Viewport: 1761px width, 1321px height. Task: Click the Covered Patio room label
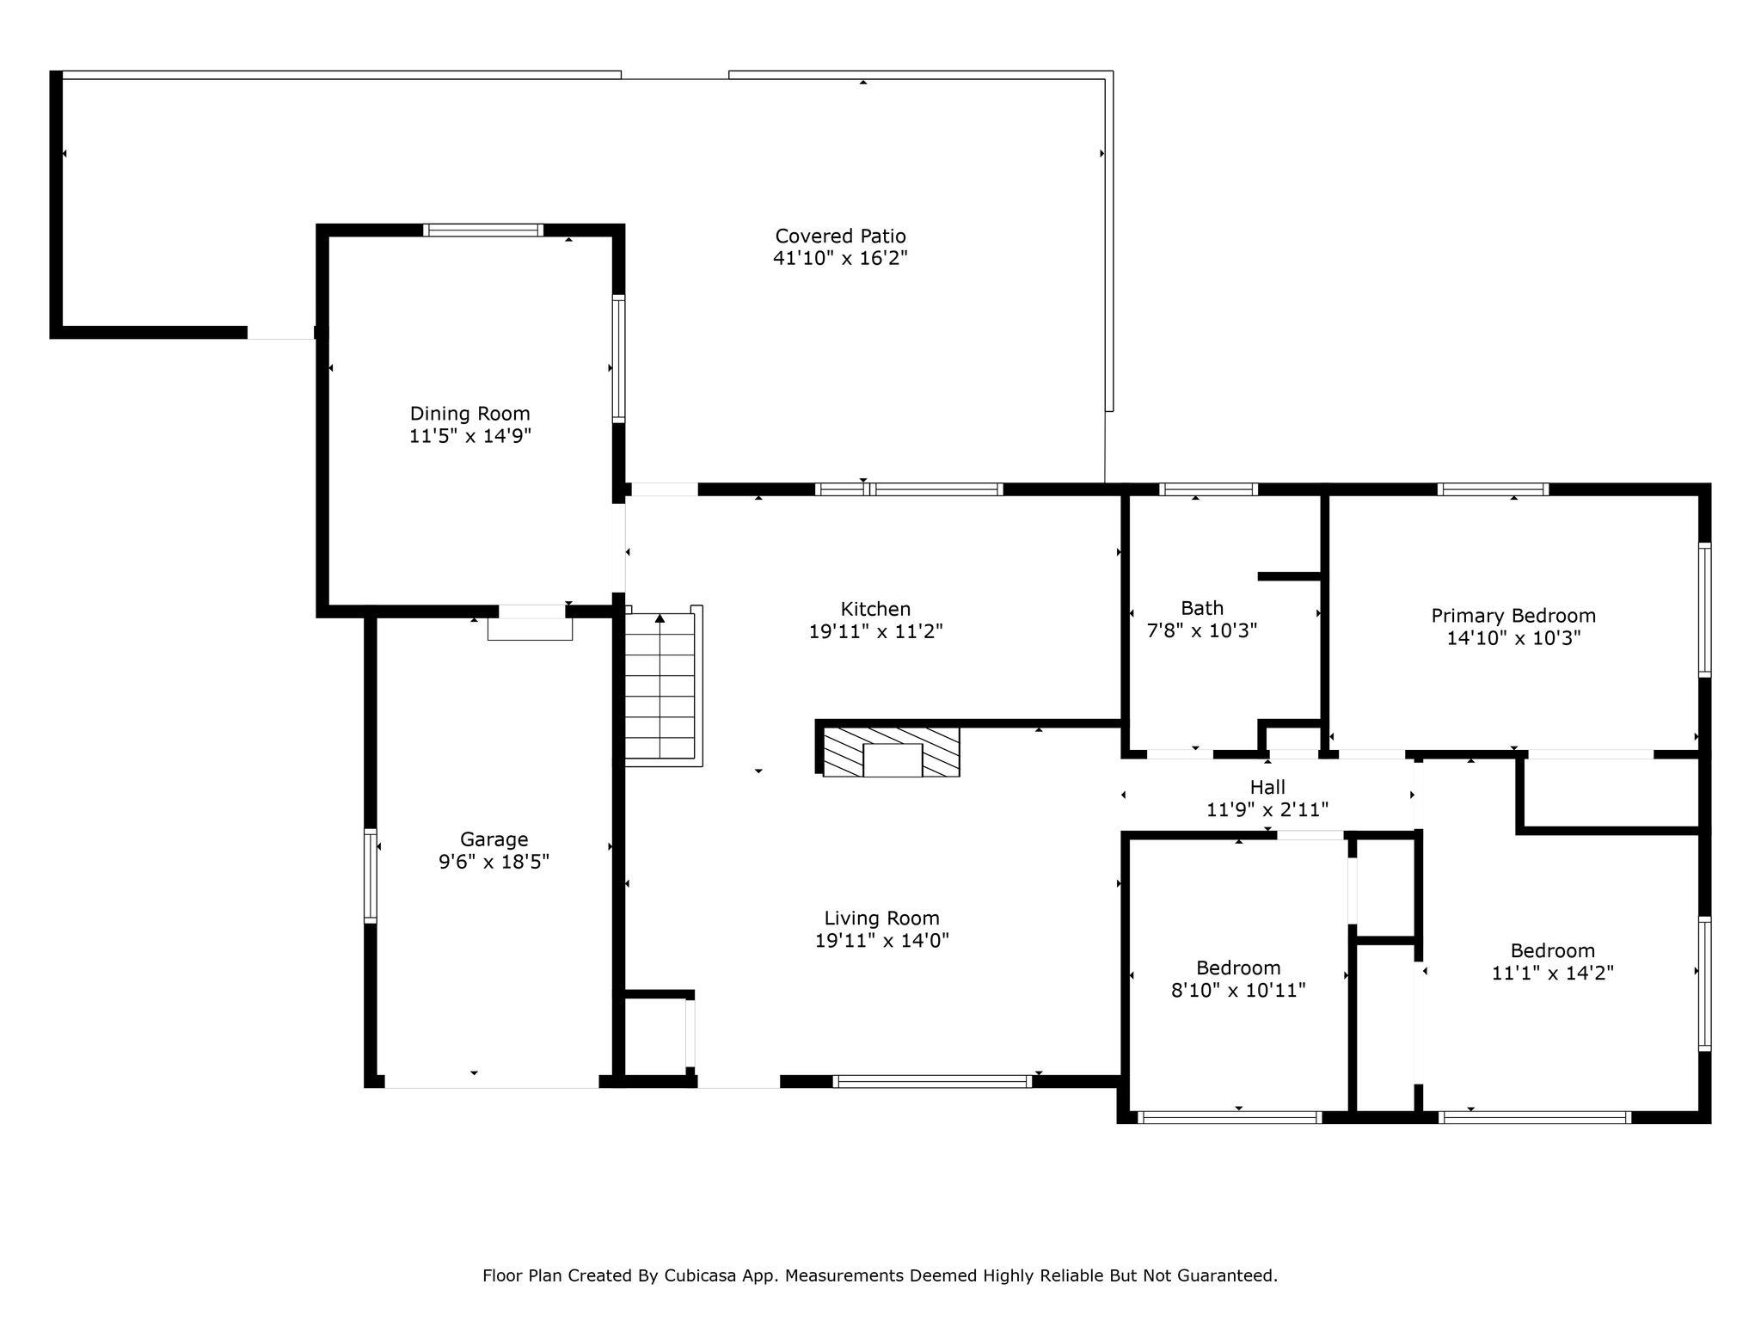tap(840, 236)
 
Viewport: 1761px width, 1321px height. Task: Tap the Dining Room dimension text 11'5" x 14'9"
tap(469, 436)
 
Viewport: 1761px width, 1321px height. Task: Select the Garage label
tap(494, 839)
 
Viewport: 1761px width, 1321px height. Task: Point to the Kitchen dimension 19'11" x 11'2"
tap(875, 631)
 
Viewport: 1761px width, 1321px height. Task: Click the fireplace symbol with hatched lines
tap(891, 752)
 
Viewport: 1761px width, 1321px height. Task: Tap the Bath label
tap(1202, 608)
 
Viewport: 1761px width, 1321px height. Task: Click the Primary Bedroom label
tap(1513, 616)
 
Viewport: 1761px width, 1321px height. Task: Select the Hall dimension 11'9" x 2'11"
tap(1267, 809)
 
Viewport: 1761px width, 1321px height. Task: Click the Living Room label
tap(881, 919)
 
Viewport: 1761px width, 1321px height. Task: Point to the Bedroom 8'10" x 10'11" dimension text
tap(1238, 990)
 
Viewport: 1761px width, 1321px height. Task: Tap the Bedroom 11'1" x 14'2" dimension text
tap(1552, 973)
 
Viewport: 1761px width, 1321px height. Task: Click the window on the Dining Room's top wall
tap(483, 230)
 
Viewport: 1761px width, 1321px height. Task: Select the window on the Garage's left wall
tap(371, 876)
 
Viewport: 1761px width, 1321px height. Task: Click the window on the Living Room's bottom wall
tap(932, 1081)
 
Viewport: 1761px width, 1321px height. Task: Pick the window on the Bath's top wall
tap(1208, 489)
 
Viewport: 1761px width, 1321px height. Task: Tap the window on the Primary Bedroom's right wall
tap(1704, 609)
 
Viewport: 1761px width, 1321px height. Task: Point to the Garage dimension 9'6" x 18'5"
tap(494, 862)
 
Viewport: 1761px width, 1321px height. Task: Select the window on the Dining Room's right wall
tap(618, 359)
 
